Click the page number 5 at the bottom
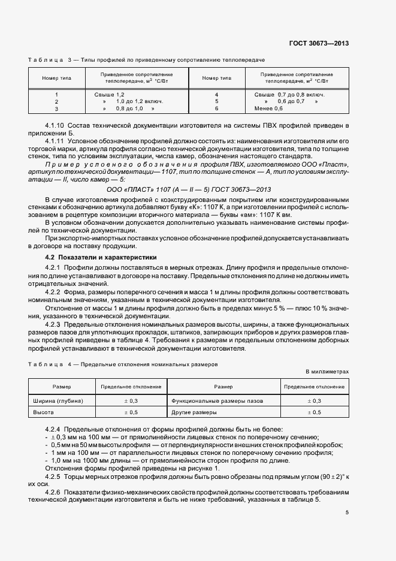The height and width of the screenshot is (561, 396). pyautogui.click(x=347, y=512)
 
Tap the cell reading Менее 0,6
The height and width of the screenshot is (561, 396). pyautogui.click(x=268, y=108)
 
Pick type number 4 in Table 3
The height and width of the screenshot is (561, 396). pyautogui.click(x=216, y=95)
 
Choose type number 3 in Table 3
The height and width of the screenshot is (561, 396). pyautogui.click(x=56, y=108)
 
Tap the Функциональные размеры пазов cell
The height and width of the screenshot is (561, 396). pyautogui.click(x=216, y=400)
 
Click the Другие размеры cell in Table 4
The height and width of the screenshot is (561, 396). pyautogui.click(x=194, y=412)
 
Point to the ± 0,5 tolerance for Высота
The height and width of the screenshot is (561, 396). pyautogui.click(x=131, y=412)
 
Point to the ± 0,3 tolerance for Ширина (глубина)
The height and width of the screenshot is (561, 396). pyautogui.click(x=131, y=400)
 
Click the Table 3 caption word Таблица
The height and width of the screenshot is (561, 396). pyautogui.click(x=46, y=61)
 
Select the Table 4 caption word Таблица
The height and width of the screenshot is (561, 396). pyautogui.click(x=46, y=364)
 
